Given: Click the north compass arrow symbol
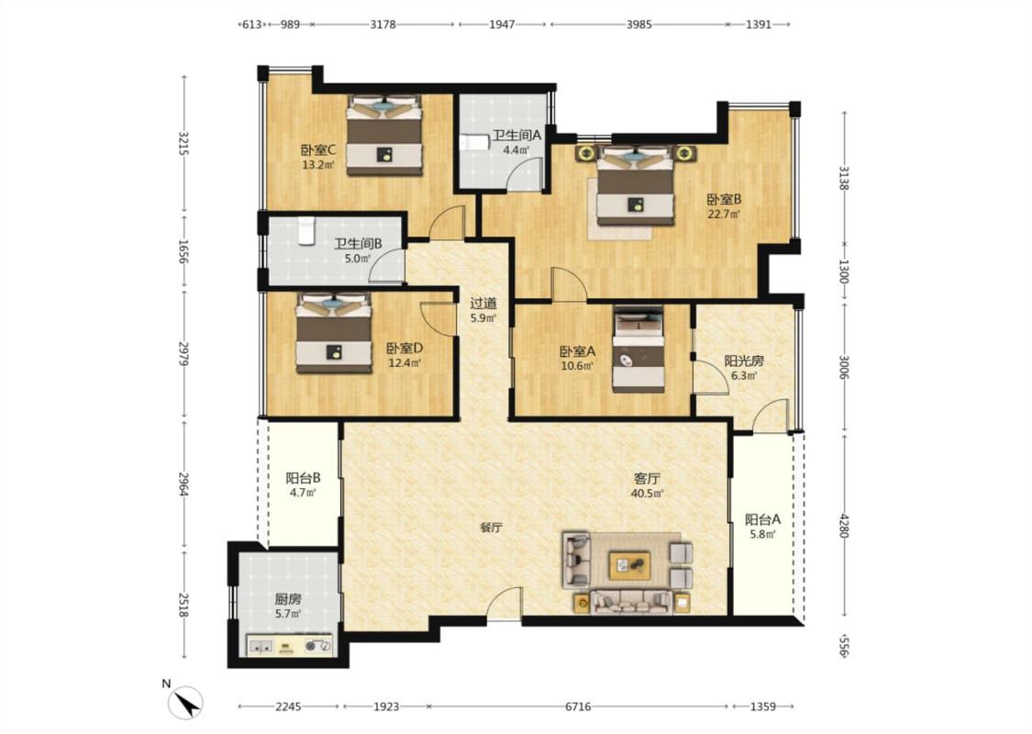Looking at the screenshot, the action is [x=185, y=703].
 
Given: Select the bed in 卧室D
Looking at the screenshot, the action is [x=333, y=333].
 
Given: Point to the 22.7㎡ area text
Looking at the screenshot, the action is [x=724, y=214].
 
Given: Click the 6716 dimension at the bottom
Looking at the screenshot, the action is [x=578, y=706].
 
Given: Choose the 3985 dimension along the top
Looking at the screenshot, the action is [x=638, y=25].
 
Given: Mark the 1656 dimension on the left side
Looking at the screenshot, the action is [x=183, y=251].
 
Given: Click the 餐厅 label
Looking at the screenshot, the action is [x=491, y=528].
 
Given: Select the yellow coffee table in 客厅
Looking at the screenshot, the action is [x=630, y=565].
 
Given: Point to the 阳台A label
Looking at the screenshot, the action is [x=763, y=519].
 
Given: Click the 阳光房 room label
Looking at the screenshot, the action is [x=744, y=361].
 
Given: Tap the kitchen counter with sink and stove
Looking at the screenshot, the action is [x=290, y=645].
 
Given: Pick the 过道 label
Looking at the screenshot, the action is [x=483, y=304].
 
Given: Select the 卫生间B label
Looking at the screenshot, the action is [x=358, y=243].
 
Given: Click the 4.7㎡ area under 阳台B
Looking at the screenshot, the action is [x=303, y=493].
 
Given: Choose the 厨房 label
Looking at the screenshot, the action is [x=288, y=599].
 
